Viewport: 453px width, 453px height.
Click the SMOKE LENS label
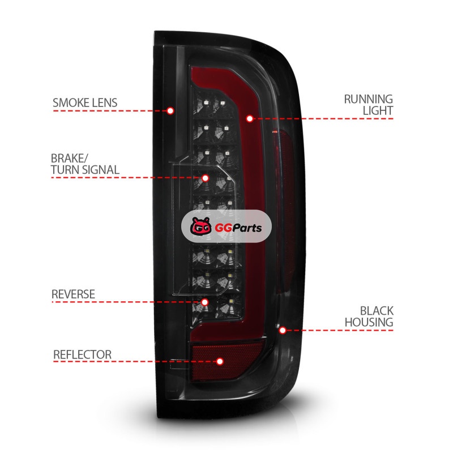pyautogui.click(x=85, y=103)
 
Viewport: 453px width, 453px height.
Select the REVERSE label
pyautogui.click(x=74, y=294)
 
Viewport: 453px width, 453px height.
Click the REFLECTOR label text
pyautogui.click(x=82, y=355)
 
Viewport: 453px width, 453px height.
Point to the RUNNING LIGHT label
pyautogui.click(x=368, y=105)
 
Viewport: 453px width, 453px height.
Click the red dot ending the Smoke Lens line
pyautogui.click(x=170, y=110)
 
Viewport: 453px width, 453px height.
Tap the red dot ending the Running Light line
pyautogui.click(x=250, y=118)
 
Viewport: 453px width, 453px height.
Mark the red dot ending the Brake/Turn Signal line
pyautogui.click(x=206, y=178)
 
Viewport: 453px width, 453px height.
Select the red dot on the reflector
pyautogui.click(x=220, y=361)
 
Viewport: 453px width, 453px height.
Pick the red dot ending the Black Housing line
pyautogui.click(x=283, y=330)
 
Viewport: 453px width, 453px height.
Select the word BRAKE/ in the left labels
pyautogui.click(x=70, y=157)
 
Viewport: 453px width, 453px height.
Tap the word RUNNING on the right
pyautogui.click(x=369, y=99)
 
